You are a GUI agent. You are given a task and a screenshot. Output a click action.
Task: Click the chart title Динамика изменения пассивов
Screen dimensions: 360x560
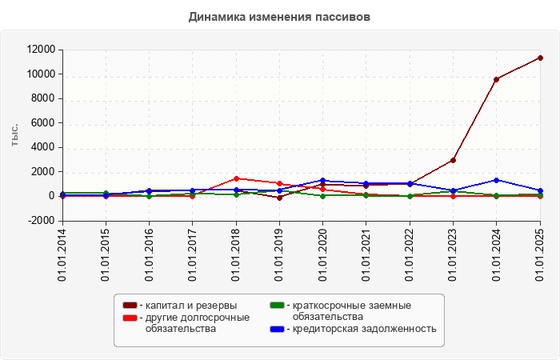click(x=279, y=17)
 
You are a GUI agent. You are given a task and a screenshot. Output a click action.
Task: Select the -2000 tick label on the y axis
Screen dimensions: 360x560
click(x=41, y=220)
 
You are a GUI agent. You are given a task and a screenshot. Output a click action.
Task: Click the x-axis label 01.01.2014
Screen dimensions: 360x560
click(x=62, y=255)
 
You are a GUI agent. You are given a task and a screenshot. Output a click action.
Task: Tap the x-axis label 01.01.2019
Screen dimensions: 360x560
click(x=280, y=255)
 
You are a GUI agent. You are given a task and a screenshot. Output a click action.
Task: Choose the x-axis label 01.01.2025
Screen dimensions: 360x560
click(x=540, y=255)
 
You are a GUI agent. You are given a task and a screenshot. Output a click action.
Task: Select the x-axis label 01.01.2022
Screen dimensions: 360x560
click(x=410, y=255)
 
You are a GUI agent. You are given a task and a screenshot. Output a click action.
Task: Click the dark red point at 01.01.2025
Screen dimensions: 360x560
click(x=540, y=58)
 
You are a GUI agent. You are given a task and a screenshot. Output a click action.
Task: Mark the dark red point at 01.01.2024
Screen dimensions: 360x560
click(x=497, y=79)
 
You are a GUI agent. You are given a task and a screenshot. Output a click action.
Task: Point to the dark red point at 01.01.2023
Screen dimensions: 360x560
click(x=453, y=160)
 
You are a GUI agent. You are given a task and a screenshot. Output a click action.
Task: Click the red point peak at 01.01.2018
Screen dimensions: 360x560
click(x=236, y=178)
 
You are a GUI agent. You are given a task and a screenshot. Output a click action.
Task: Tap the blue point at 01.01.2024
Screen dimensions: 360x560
click(x=497, y=180)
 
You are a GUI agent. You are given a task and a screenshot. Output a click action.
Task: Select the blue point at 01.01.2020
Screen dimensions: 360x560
click(x=323, y=181)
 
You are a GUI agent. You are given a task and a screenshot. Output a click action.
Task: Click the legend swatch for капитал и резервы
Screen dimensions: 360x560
click(x=130, y=306)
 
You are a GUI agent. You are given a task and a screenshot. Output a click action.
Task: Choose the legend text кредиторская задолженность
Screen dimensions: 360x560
click(x=364, y=328)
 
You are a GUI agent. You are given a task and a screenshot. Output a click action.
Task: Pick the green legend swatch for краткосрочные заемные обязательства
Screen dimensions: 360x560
click(x=278, y=306)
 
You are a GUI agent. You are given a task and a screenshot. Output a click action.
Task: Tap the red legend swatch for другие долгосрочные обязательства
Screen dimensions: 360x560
click(x=130, y=318)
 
